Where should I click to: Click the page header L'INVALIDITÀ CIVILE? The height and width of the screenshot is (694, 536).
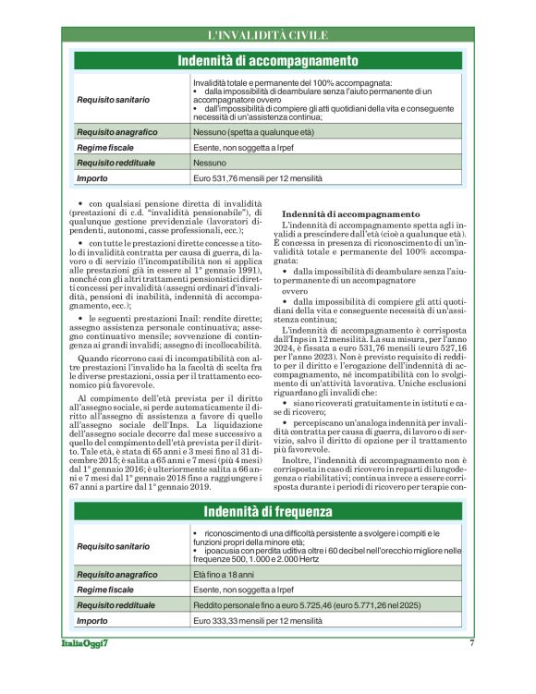pos(267,36)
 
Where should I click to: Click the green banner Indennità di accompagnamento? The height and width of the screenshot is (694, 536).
pos(267,61)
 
